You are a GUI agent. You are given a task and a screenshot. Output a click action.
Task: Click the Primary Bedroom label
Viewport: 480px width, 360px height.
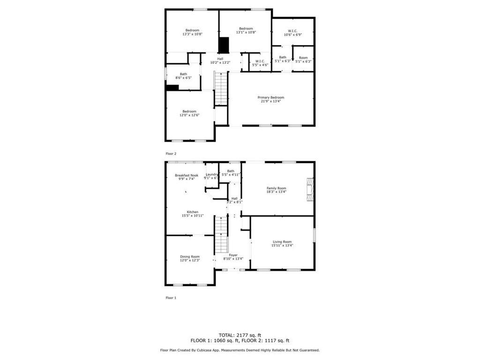(x=271, y=97)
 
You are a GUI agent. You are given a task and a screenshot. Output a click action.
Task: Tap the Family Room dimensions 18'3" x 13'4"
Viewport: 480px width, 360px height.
(x=277, y=192)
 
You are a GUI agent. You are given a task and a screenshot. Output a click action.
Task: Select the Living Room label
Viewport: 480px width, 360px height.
(x=283, y=241)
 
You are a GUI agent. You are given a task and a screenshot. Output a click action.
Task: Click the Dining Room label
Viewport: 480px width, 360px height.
(x=190, y=256)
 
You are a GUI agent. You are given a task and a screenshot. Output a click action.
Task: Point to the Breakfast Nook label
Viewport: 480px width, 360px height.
(x=187, y=175)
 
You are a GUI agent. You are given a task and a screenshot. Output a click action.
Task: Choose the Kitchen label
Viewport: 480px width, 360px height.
(x=193, y=212)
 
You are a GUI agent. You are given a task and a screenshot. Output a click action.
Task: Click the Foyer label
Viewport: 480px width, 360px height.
(x=233, y=255)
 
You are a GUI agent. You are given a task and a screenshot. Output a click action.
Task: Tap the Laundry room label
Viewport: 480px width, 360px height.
(x=211, y=174)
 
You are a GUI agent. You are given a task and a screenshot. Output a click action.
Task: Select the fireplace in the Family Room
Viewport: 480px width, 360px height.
(x=309, y=189)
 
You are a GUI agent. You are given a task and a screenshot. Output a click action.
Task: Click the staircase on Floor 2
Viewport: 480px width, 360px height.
(x=221, y=88)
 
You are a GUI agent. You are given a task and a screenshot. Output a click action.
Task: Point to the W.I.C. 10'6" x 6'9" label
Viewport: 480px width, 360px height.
(x=293, y=31)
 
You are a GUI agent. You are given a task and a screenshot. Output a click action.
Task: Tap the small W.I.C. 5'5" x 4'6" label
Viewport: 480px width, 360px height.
(x=260, y=61)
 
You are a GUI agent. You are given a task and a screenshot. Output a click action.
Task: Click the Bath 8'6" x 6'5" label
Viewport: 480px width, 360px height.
(x=183, y=74)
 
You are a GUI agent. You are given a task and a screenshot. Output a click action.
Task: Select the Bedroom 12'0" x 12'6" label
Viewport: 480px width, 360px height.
(x=190, y=111)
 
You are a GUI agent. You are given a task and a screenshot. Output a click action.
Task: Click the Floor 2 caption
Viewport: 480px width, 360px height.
(x=171, y=153)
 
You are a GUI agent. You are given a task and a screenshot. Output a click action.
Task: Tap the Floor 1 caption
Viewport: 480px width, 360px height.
(x=171, y=298)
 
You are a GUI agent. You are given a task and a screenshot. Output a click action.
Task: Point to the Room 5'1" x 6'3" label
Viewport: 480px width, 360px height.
(x=303, y=58)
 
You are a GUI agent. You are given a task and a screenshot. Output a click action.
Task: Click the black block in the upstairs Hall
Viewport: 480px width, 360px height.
(x=224, y=45)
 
